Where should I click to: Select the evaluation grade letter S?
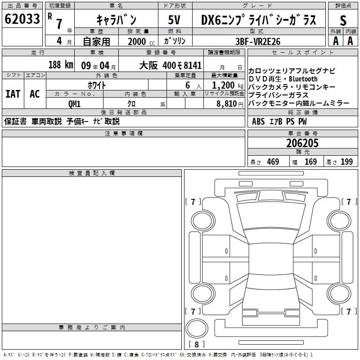click(x=343, y=20)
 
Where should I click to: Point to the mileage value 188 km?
click(x=60, y=65)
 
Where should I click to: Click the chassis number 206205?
click(x=302, y=144)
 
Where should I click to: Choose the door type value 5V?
click(x=175, y=20)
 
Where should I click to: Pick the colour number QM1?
click(x=75, y=103)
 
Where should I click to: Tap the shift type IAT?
click(x=13, y=94)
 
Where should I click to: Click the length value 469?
click(x=273, y=162)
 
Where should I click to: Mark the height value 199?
click(x=346, y=162)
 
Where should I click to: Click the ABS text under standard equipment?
click(x=258, y=121)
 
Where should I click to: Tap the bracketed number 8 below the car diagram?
click(x=197, y=345)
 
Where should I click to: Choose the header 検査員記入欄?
click(x=92, y=173)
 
